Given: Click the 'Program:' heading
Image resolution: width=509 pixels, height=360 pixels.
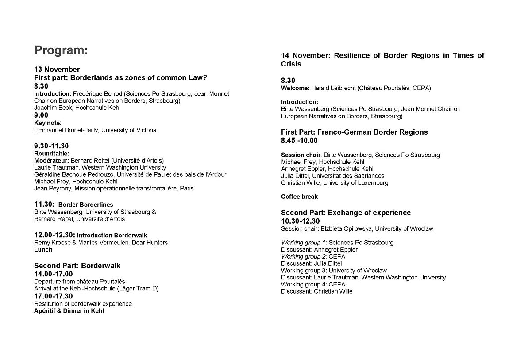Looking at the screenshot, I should tap(61, 50).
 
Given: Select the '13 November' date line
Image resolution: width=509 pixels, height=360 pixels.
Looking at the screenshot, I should tap(57, 70).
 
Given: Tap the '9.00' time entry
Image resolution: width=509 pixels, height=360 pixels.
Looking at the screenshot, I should tap(41, 116).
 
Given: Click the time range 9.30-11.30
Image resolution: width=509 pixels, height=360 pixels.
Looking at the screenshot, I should tap(51, 146).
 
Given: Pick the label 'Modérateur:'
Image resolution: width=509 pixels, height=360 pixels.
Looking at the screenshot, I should tap(51, 160).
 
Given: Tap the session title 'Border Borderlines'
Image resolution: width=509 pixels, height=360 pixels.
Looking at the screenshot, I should tap(85, 205).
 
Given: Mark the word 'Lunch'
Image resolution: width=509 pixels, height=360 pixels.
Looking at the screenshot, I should tap(43, 250).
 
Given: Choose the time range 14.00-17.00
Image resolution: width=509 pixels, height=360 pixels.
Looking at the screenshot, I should tap(54, 274).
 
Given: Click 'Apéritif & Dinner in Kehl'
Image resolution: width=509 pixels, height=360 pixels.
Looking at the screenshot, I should tap(69, 311).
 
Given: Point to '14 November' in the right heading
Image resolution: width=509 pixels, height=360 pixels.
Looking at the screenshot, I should tap(305, 56).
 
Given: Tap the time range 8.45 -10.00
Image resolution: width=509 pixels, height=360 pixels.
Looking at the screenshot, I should tap(299, 141).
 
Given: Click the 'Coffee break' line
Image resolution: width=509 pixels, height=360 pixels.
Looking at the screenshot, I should tap(299, 197).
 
